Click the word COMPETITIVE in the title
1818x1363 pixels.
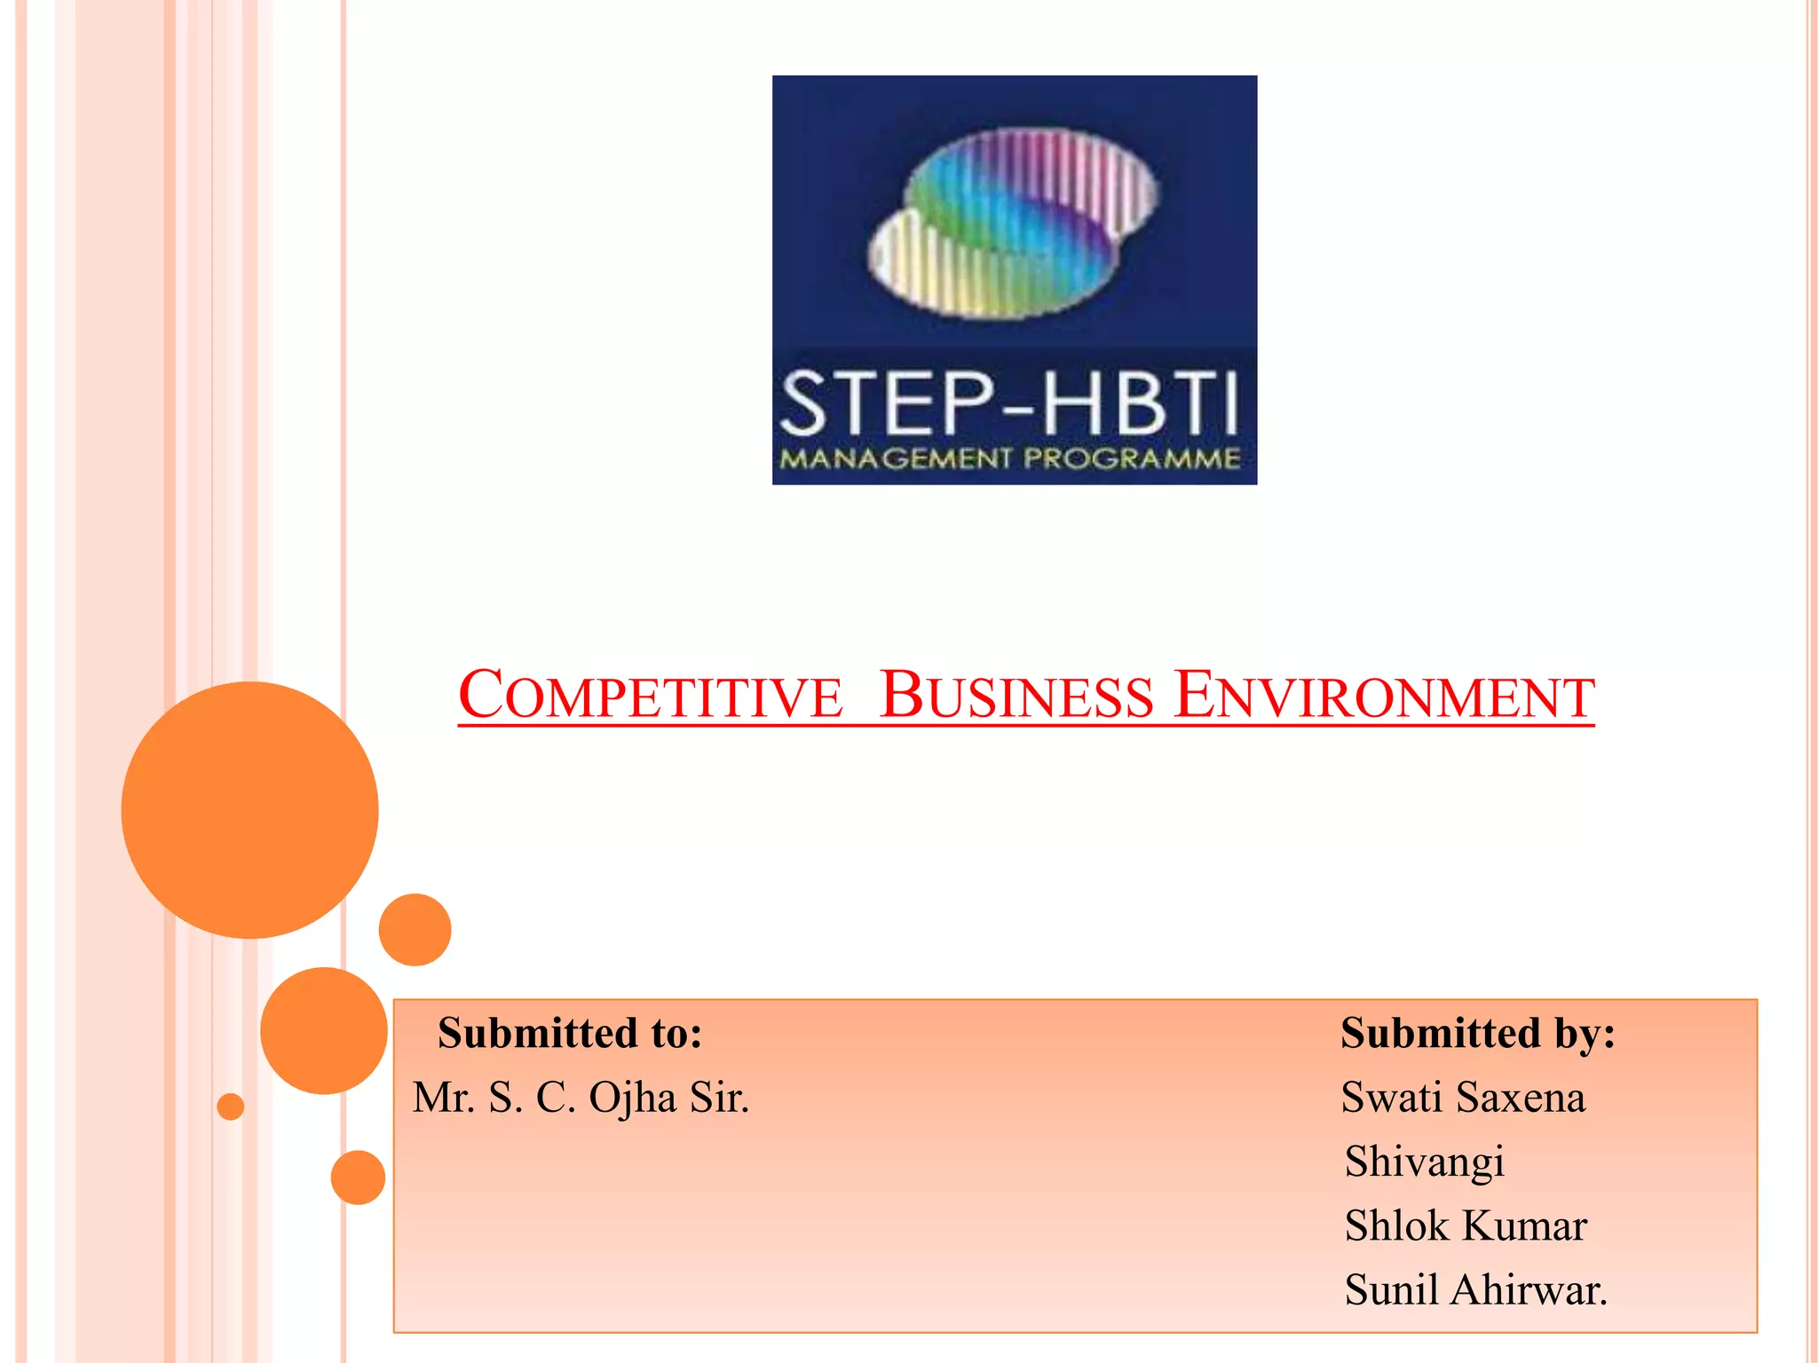click(x=650, y=696)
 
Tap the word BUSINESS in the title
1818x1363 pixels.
click(x=1016, y=696)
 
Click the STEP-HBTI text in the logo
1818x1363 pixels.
click(x=1009, y=404)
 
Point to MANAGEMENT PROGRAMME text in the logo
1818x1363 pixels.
click(x=1010, y=459)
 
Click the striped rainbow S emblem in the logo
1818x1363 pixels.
click(x=1013, y=223)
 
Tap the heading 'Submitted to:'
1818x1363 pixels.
click(x=570, y=1034)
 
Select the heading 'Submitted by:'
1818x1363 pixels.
click(x=1477, y=1034)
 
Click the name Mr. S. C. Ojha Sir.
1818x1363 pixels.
click(x=581, y=1099)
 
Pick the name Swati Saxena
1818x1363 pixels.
click(x=1463, y=1099)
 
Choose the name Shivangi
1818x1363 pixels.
click(x=1424, y=1162)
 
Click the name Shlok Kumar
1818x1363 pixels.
click(x=1466, y=1226)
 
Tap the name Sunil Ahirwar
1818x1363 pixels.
click(x=1475, y=1290)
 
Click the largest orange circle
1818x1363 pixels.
click(x=249, y=809)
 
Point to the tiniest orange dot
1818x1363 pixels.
click(x=231, y=1107)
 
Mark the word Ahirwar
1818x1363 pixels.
click(x=1528, y=1290)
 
